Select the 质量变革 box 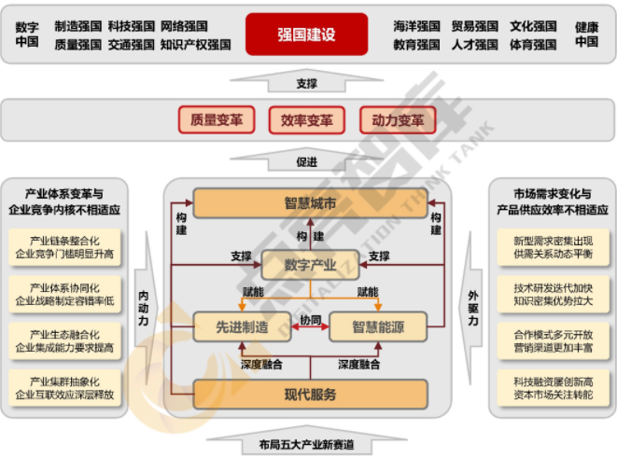coord(216,120)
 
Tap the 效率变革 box coord(306,120)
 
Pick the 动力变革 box coord(397,120)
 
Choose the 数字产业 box coord(309,265)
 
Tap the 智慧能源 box coord(377,326)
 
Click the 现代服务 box coord(310,394)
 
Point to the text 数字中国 coord(28,35)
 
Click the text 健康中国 coord(586,35)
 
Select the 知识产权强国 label coord(195,44)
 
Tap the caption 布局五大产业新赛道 coord(307,444)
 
